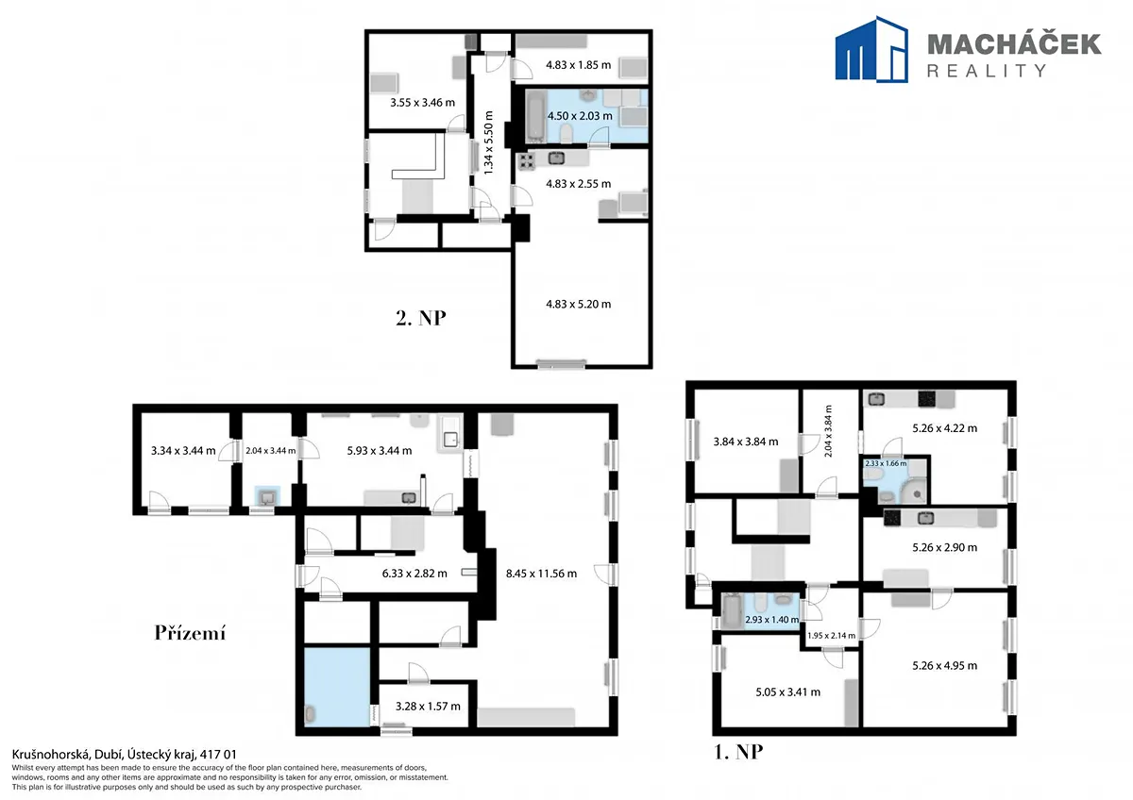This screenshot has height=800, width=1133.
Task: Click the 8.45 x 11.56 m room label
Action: [541, 574]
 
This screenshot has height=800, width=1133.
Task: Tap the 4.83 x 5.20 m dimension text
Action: [578, 304]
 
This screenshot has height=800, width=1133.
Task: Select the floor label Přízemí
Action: [190, 633]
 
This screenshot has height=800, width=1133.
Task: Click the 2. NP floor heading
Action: [421, 318]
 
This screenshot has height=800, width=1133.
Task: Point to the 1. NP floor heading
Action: [738, 752]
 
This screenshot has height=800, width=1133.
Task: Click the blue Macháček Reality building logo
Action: [871, 49]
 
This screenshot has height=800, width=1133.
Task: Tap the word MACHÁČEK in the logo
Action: [1014, 44]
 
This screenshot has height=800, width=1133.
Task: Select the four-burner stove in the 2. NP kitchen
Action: [526, 161]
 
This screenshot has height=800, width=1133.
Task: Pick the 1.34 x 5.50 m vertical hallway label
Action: [488, 143]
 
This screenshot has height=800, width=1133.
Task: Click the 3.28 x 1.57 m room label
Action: [428, 706]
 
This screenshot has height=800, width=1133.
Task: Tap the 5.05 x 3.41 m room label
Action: [788, 692]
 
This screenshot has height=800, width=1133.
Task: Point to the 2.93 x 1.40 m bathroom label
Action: [772, 620]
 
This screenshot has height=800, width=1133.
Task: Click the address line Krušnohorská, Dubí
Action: [124, 755]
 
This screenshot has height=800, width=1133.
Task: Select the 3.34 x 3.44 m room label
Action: [183, 450]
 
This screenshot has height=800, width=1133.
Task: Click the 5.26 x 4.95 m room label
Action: [945, 666]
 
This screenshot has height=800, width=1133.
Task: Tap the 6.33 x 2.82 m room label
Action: [414, 574]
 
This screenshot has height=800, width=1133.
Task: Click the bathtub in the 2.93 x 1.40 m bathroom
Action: [732, 610]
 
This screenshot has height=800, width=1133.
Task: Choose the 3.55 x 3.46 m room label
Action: [422, 103]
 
